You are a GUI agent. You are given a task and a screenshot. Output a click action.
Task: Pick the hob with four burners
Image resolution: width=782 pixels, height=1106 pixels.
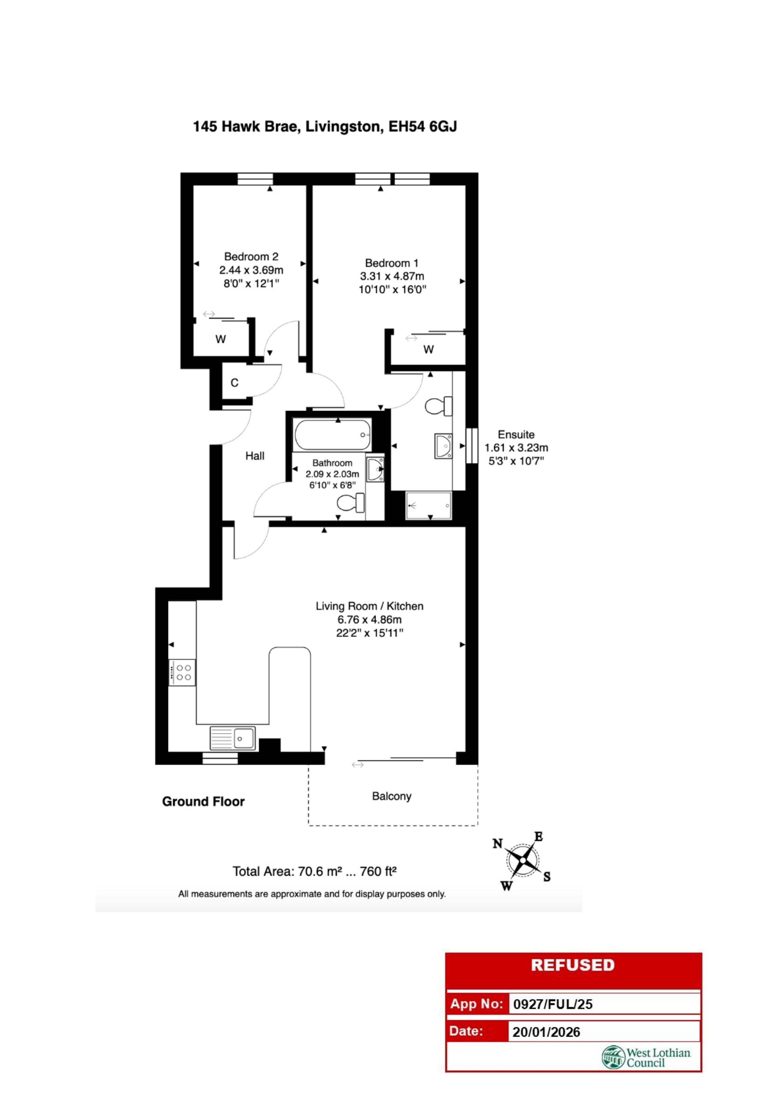coord(182,672)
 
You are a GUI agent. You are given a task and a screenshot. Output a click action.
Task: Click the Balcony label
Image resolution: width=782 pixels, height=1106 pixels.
coord(391,796)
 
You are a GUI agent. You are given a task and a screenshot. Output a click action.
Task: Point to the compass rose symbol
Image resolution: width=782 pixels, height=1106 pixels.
coord(522,860)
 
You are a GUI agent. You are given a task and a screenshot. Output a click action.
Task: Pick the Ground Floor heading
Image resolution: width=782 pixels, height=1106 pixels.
coord(203,802)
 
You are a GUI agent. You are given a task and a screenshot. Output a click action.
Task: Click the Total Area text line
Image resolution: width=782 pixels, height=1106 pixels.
coord(314,871)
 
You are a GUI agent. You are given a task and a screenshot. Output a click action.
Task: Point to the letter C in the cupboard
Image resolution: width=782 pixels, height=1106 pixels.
coord(235,383)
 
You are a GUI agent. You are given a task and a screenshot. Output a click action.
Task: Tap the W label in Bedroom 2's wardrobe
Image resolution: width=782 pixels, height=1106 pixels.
coord(221,339)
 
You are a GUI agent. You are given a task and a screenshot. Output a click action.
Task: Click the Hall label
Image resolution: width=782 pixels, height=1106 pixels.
coord(255,456)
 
